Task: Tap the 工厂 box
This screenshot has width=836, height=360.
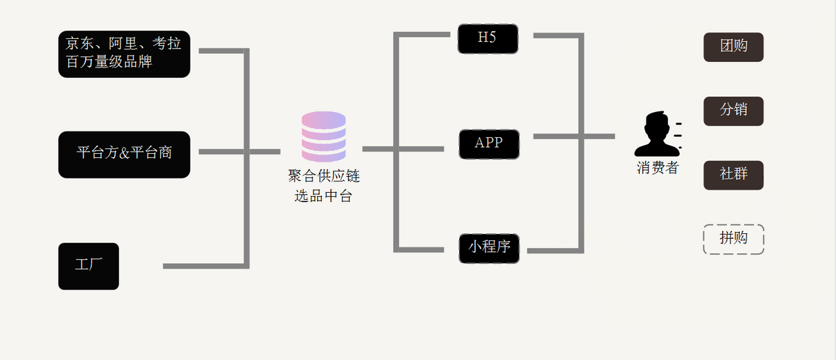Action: [x=88, y=265]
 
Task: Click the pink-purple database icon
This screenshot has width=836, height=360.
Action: [x=323, y=136]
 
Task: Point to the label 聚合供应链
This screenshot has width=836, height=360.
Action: [x=323, y=176]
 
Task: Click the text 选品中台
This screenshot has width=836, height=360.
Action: [x=323, y=197]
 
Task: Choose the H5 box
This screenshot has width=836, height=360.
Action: [x=488, y=38]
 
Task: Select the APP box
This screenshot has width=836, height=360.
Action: [x=488, y=143]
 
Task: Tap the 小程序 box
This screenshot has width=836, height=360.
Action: [x=489, y=248]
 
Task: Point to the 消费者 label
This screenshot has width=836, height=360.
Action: [x=657, y=168]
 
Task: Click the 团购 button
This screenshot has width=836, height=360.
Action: [x=733, y=47]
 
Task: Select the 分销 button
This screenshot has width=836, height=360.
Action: [x=733, y=111]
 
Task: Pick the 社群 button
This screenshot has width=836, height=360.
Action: [x=733, y=175]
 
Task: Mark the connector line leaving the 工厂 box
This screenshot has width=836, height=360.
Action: [x=202, y=266]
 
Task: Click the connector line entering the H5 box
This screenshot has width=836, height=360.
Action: [x=425, y=33]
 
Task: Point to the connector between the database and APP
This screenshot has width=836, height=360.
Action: [x=404, y=148]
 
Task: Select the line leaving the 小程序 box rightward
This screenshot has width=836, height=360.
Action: [x=554, y=249]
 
